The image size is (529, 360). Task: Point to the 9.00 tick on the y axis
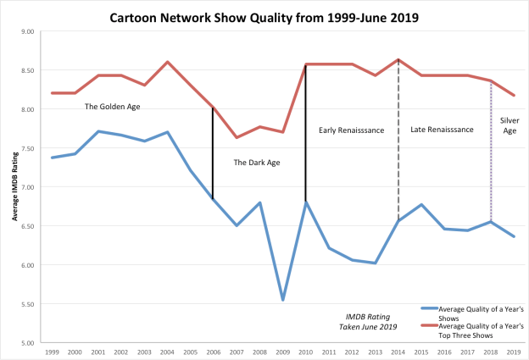[x=27, y=31]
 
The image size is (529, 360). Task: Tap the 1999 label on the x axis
[x=52, y=351]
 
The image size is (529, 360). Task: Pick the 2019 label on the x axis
[x=514, y=351]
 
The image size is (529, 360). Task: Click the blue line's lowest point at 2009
[x=282, y=300]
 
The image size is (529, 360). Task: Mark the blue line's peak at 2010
[x=305, y=202]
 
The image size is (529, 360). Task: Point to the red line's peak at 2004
[x=167, y=62]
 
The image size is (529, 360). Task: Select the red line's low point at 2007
[x=237, y=137]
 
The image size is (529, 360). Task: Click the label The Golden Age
[x=112, y=107]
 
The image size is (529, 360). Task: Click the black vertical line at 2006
[x=213, y=152]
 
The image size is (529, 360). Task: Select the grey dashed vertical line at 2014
[x=398, y=144]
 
